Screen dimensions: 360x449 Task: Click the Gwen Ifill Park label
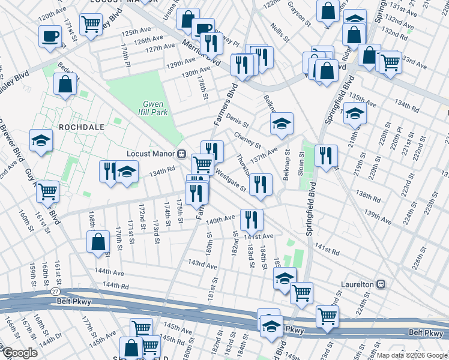tap(151, 107)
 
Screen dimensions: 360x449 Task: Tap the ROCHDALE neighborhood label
tap(82, 127)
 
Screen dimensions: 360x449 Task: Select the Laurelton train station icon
tap(380, 284)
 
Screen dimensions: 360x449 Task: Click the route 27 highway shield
tap(55, 291)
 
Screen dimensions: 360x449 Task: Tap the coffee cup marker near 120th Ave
tap(50, 35)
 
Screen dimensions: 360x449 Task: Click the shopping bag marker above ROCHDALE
tap(65, 85)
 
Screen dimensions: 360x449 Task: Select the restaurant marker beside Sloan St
tap(326, 156)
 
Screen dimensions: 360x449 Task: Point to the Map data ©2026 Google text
tap(411, 355)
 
